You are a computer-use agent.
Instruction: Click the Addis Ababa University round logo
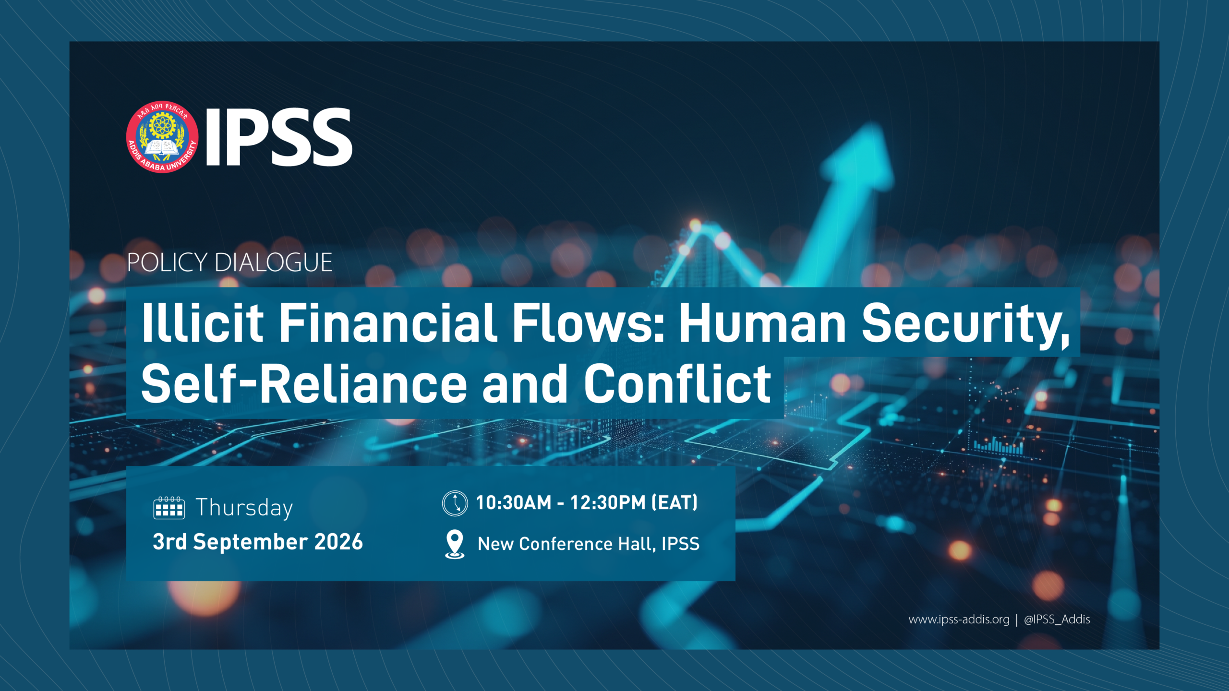pos(162,137)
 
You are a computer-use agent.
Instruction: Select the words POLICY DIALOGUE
pos(229,262)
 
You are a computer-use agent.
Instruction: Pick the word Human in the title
pos(762,323)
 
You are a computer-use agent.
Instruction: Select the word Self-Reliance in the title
pos(304,383)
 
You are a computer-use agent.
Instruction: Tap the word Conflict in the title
pos(677,383)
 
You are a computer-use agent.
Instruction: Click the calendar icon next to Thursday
pos(169,508)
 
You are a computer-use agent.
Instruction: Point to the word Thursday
pos(244,508)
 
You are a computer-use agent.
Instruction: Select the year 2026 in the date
pos(338,542)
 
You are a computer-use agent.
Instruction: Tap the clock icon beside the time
pos(455,503)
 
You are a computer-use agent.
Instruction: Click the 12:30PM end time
pos(608,502)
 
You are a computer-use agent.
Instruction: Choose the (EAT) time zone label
pos(675,502)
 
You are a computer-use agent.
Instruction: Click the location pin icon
pos(455,544)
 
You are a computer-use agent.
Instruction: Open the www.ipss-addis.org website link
pos(959,620)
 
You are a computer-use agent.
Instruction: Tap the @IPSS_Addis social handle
pos(1057,620)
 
